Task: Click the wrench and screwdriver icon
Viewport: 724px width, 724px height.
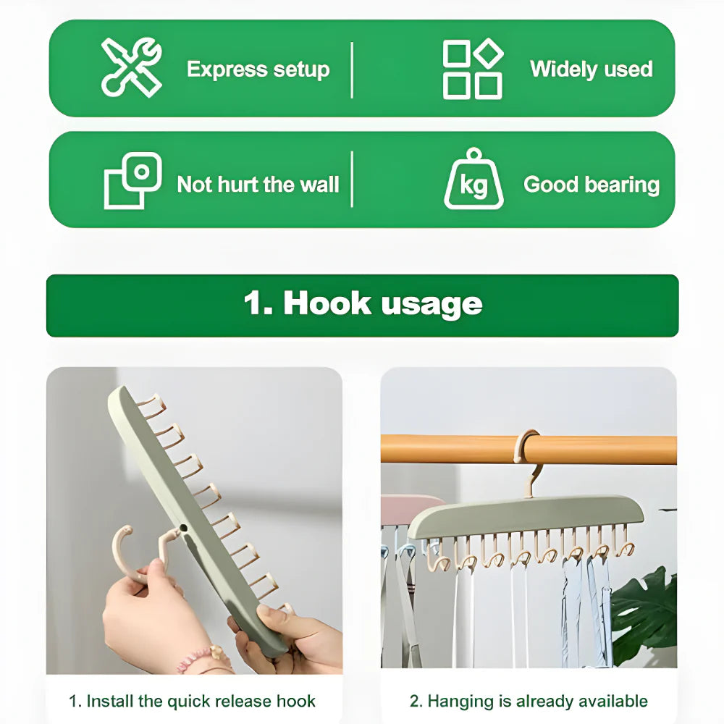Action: [x=132, y=67]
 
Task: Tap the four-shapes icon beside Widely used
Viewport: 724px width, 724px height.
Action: [x=473, y=69]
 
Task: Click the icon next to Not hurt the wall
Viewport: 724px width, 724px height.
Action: [x=132, y=181]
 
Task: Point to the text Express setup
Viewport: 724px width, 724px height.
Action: [x=258, y=70]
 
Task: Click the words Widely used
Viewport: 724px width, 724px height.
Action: [x=591, y=70]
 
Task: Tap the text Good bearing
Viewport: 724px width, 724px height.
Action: [x=592, y=185]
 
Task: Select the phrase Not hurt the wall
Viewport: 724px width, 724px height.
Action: [x=258, y=185]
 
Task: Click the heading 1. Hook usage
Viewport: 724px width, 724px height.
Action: [x=362, y=304]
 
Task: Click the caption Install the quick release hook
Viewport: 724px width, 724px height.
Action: [x=193, y=701]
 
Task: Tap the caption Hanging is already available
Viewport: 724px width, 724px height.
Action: [x=529, y=701]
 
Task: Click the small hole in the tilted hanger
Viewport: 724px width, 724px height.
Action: [x=184, y=528]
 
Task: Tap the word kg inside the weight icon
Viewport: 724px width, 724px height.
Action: [x=473, y=186]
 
